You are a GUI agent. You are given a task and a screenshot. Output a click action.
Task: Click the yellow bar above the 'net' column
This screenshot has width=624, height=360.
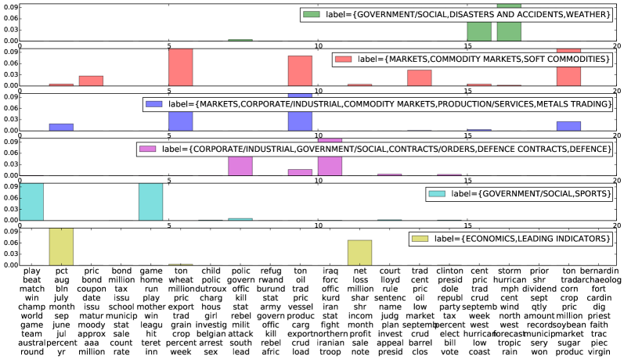359,252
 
